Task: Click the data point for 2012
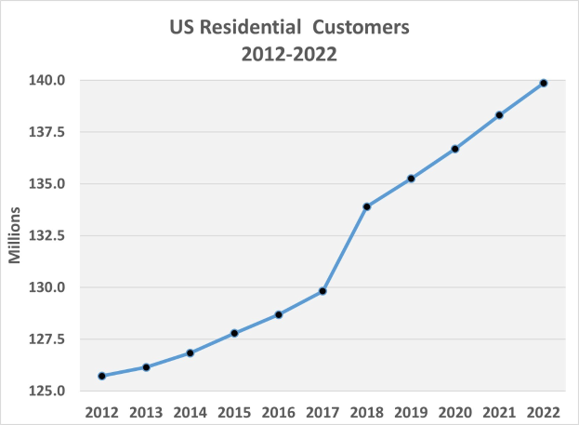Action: (102, 376)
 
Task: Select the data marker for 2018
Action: (367, 206)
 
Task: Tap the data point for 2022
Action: (544, 83)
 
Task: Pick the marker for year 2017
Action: (322, 291)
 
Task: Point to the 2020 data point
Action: (455, 149)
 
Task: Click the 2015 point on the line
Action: (234, 333)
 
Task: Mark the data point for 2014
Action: (191, 352)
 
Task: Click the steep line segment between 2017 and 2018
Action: (345, 249)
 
